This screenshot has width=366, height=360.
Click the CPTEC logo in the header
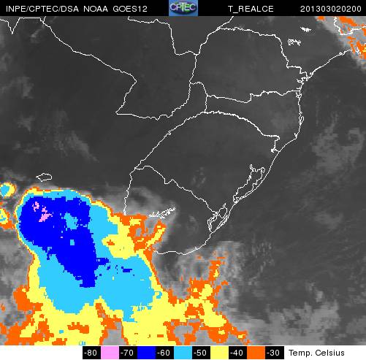click(183, 7)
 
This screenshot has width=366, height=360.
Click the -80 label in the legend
click(91, 353)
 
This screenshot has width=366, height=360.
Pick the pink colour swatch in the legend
click(107, 353)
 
